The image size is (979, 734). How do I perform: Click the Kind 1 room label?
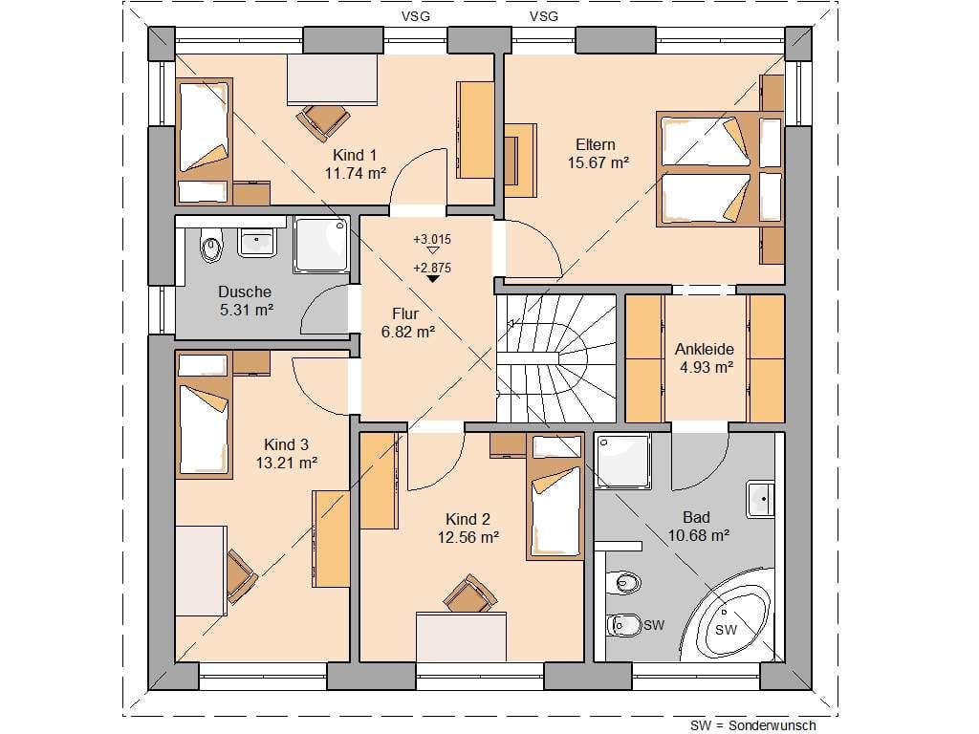[355, 155]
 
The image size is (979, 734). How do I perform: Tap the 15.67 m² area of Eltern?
[598, 162]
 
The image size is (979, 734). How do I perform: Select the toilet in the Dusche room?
[211, 246]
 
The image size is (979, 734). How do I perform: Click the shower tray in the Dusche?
[321, 245]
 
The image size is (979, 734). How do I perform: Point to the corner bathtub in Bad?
[731, 621]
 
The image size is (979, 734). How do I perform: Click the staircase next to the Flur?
[556, 359]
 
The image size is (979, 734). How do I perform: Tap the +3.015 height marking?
[432, 239]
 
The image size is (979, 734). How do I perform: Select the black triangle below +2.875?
[433, 278]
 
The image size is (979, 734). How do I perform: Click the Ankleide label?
[705, 349]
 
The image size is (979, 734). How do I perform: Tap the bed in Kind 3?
[204, 415]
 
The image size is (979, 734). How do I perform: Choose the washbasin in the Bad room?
[761, 499]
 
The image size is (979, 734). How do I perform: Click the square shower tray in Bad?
[623, 462]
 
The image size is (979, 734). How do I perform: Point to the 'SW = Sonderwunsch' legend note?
[753, 725]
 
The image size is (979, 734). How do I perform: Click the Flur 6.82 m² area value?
[408, 332]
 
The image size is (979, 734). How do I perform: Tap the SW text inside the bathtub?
[727, 630]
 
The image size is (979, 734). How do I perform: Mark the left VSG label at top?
[416, 16]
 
